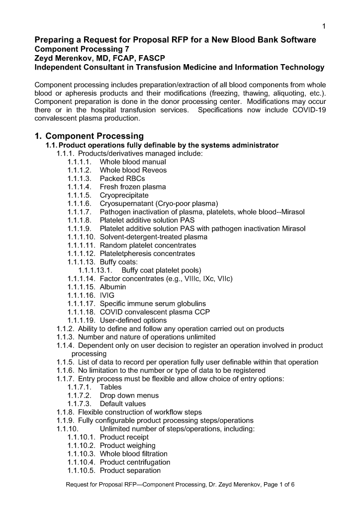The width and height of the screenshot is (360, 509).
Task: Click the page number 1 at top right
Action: tap(324, 26)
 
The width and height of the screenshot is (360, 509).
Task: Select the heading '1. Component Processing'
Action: tap(89, 136)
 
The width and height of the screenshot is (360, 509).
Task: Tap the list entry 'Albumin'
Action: tap(113, 287)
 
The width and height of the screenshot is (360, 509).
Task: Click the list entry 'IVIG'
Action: tap(108, 295)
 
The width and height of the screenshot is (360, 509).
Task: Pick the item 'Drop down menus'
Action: tap(129, 396)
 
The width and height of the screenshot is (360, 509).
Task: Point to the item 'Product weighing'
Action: tap(127, 445)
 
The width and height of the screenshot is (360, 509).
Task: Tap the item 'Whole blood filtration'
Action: tap(134, 454)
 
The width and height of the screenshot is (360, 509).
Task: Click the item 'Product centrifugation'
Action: tap(134, 462)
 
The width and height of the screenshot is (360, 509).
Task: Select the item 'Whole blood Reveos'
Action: tap(133, 170)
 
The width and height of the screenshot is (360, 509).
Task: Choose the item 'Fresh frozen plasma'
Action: tap(133, 187)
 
